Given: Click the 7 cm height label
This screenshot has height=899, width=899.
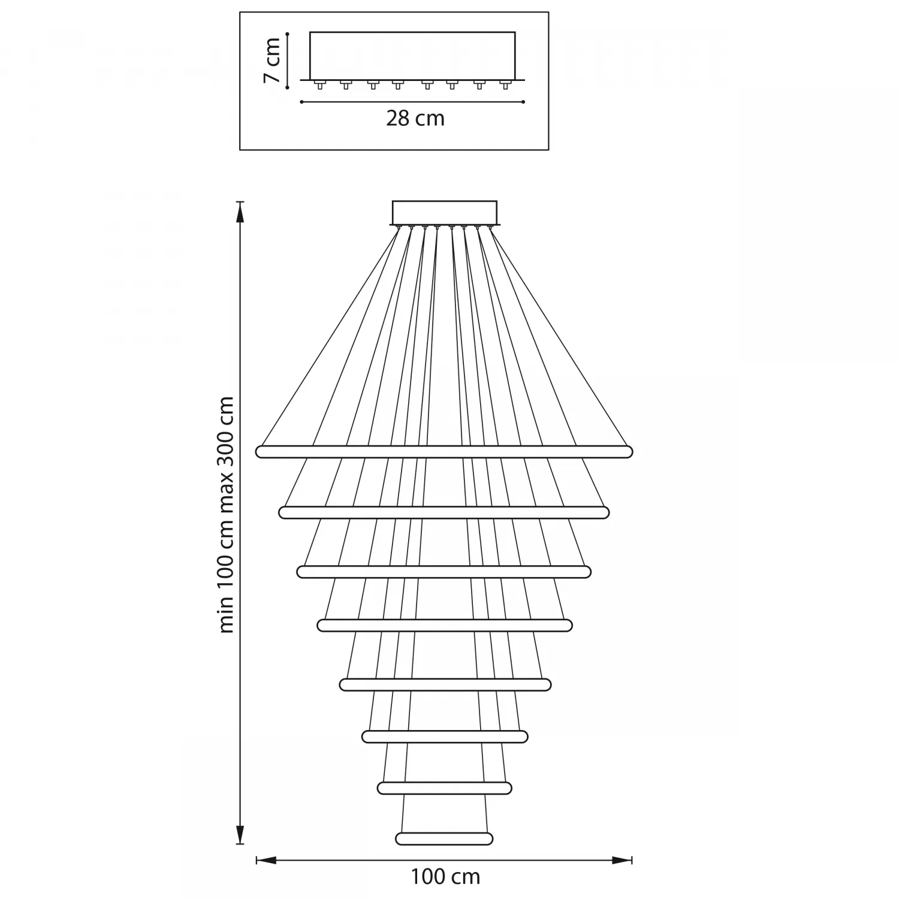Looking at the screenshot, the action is tap(273, 60).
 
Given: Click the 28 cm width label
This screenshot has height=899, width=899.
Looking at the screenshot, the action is tap(415, 118).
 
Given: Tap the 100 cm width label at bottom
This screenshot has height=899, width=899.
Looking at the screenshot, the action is tap(445, 877).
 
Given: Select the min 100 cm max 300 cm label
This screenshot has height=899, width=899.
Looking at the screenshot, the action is tap(227, 514).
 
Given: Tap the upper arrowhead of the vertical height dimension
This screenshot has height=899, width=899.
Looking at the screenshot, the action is tap(240, 211).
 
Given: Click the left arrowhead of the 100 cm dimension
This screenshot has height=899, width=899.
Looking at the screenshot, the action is tap(266, 861).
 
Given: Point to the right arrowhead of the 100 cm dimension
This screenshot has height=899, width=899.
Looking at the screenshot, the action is tap(622, 861).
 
